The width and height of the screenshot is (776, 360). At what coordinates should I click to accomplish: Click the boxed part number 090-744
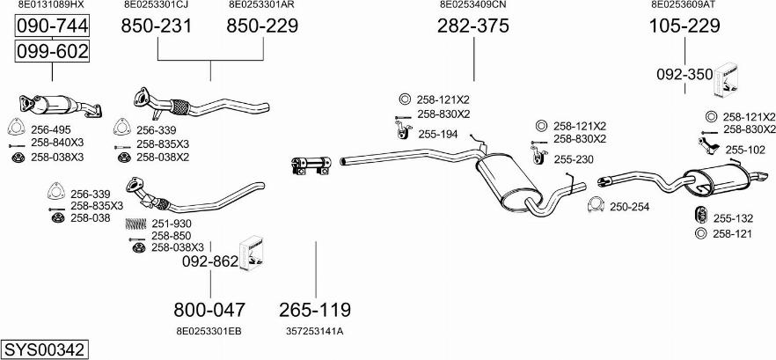point(52,29)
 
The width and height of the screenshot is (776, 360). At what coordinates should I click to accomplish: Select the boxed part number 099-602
point(52,52)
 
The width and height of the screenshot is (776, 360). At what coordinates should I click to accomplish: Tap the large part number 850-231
point(156,27)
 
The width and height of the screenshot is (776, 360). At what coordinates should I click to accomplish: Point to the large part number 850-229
point(262,27)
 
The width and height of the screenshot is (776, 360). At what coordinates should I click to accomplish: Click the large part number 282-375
point(473,27)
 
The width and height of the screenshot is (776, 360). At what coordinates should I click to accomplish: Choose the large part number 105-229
point(684,27)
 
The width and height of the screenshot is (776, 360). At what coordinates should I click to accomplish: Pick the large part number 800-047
point(209,310)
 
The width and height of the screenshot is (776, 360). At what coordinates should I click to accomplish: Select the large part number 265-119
point(315,310)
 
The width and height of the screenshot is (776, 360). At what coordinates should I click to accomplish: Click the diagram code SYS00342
point(44,349)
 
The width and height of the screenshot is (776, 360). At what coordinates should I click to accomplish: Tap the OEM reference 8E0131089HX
point(51,5)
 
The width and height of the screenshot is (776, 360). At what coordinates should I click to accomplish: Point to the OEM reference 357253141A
point(314,331)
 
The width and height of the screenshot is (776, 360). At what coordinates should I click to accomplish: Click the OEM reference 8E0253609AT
point(684,5)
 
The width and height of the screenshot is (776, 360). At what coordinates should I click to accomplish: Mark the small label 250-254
point(629,207)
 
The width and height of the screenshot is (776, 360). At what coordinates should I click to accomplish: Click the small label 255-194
point(437,134)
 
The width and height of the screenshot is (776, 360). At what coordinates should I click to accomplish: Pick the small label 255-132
point(733,218)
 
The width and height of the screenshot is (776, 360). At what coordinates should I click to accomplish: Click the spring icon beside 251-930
point(136,224)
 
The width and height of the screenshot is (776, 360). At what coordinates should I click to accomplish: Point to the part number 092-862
point(209,261)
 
